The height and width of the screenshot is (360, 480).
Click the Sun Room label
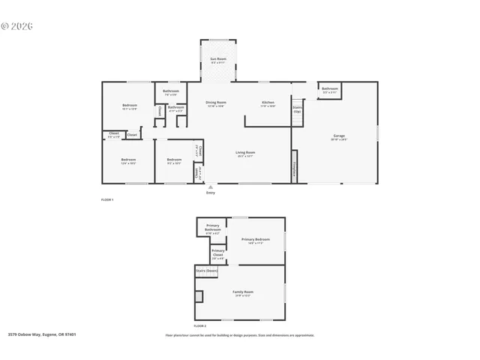pos(217,58)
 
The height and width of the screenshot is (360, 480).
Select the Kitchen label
pos(268,103)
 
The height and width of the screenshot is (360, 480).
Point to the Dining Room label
pos(217,103)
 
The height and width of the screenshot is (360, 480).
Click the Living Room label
pos(245,153)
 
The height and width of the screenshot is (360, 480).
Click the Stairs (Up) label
pos(297,109)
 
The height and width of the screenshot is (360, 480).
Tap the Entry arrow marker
pos(210,187)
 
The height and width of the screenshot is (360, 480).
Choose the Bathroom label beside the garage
pos(330,89)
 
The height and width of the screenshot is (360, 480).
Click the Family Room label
pos(242,292)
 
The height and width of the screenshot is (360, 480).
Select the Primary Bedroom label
pos(256,240)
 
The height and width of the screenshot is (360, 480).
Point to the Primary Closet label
pos(218,252)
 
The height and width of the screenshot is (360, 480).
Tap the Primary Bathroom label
pos(213,229)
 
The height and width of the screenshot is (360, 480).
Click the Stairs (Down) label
pos(207,270)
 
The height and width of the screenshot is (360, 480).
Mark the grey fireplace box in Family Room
pos(199,296)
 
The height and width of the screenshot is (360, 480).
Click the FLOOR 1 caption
pos(107,199)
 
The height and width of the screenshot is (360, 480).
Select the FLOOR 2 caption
pos(199,325)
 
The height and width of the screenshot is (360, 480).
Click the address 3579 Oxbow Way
pos(42,335)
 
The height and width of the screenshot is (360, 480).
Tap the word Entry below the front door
pos(210,193)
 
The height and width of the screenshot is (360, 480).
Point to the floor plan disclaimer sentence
pos(240,335)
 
